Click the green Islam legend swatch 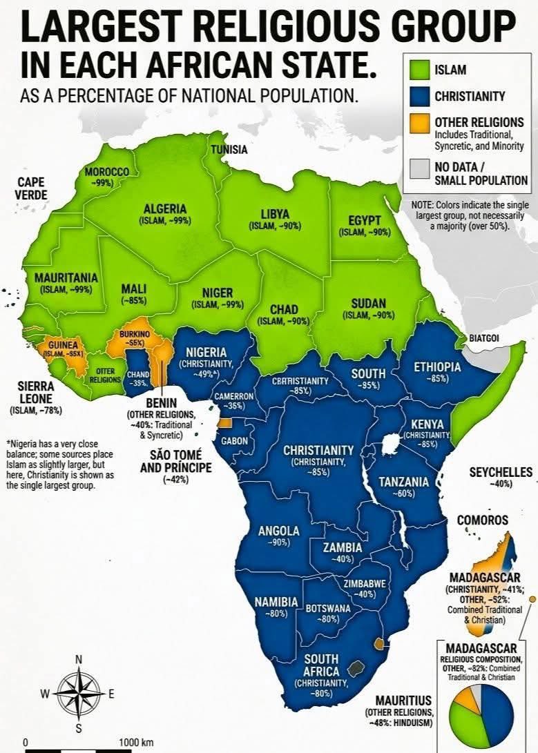click(x=416, y=70)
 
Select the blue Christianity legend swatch click(x=416, y=97)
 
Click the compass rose click(x=78, y=693)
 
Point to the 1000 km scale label click(x=136, y=742)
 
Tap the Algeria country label click(x=164, y=209)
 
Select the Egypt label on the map click(x=365, y=220)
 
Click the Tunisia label click(x=229, y=149)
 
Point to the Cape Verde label click(x=30, y=188)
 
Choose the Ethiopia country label click(x=437, y=367)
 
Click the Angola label click(x=278, y=531)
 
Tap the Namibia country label click(x=276, y=602)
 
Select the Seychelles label click(x=501, y=472)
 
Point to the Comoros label click(x=482, y=520)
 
